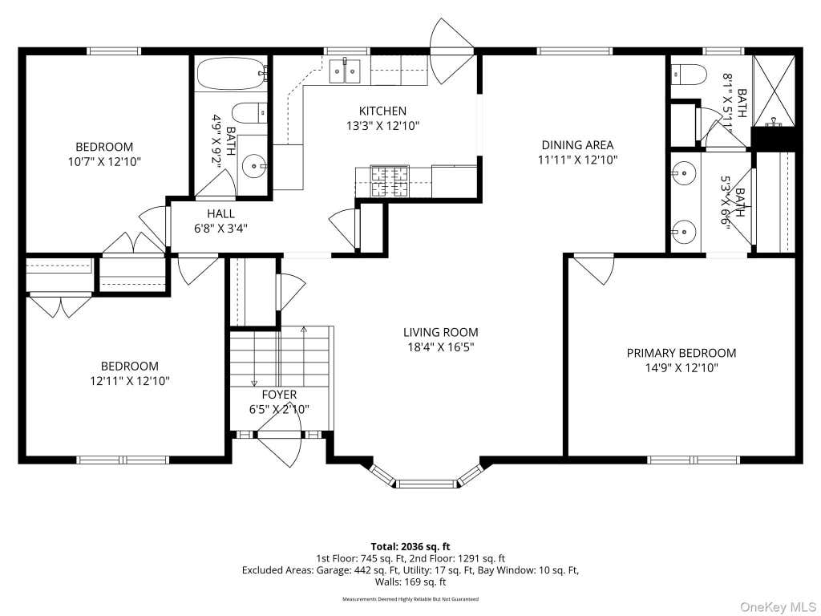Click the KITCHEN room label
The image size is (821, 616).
click(382, 111)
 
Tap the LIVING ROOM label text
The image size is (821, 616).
click(440, 332)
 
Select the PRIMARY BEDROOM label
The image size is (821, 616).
click(681, 353)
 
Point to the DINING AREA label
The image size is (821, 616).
click(577, 145)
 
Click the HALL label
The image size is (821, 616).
click(220, 213)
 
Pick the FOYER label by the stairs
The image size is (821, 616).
click(279, 395)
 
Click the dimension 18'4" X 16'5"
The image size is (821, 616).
click(440, 346)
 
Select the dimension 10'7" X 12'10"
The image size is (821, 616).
click(104, 161)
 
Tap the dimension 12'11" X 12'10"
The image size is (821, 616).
click(130, 381)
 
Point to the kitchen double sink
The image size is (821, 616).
click(345, 71)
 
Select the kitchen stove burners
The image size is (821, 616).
click(390, 180)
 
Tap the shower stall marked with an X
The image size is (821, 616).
click(774, 91)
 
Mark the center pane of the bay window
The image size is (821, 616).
click(427, 483)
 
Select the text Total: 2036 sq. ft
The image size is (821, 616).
click(410, 547)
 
